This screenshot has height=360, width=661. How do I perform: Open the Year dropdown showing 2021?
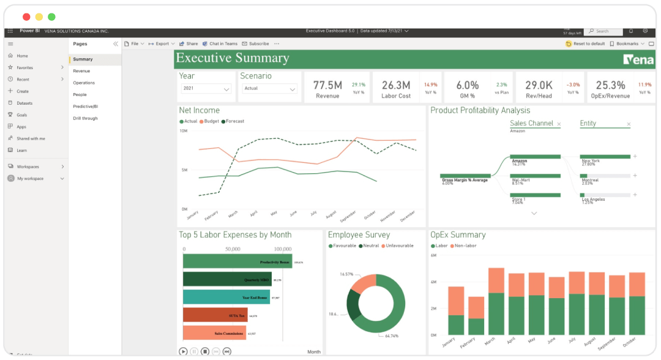206,89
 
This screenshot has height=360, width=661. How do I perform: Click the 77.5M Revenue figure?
327,85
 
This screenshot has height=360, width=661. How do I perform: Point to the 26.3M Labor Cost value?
396,85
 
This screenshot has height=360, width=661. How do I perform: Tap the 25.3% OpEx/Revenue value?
610,85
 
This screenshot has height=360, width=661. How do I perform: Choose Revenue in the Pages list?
81,71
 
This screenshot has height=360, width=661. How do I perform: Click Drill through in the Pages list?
85,118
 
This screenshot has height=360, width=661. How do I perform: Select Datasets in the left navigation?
24,103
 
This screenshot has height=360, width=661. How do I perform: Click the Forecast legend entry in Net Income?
234,121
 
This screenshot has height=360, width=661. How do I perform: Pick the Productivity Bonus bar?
237,261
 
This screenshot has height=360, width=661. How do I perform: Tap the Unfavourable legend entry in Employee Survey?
399,246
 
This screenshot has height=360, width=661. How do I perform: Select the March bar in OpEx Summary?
496,306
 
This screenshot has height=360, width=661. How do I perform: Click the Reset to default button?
586,44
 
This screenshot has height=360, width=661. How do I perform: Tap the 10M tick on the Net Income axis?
183,131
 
